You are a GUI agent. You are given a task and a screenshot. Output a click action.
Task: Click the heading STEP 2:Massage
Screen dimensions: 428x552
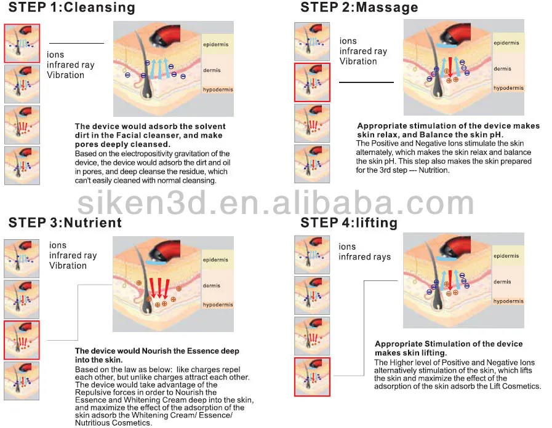(359, 8)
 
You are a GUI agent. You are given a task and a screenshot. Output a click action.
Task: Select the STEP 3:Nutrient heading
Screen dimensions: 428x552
(64, 222)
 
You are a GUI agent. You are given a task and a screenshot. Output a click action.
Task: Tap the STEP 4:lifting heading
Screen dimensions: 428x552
(348, 222)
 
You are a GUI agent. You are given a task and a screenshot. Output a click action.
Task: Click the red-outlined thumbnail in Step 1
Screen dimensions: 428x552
(22, 43)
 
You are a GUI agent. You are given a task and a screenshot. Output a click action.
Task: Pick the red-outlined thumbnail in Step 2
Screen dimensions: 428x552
(313, 82)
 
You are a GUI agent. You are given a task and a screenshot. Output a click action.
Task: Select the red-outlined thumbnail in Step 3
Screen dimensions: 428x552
(22, 340)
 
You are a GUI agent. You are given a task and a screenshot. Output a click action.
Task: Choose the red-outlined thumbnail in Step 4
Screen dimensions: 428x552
(313, 376)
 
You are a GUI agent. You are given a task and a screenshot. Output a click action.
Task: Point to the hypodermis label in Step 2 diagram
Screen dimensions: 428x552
(508, 88)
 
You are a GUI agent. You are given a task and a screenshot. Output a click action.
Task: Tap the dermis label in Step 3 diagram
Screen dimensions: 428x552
(212, 285)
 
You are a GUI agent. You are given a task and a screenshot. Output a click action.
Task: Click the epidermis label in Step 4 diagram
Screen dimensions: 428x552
(506, 256)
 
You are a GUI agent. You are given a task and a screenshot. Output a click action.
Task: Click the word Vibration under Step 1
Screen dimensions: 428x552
(65, 75)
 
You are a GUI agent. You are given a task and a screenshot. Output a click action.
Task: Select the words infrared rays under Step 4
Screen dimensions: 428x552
(364, 257)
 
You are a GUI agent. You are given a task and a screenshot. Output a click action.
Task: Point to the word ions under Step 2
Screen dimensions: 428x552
(348, 41)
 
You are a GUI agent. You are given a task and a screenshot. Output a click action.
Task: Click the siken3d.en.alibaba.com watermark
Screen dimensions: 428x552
(275, 202)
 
